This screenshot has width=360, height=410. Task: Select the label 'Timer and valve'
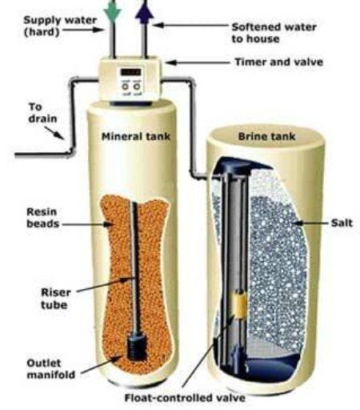pyautogui.click(x=278, y=62)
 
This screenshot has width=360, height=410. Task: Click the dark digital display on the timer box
pyautogui.click(x=130, y=72)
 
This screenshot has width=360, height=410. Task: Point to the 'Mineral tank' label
pyautogui.click(x=136, y=136)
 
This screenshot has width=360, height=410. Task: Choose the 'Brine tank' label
pyautogui.click(x=266, y=136)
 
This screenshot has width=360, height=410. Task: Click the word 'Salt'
pyautogui.click(x=342, y=223)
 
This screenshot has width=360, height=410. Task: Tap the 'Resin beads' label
pyautogui.click(x=42, y=218)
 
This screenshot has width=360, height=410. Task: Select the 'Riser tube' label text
pyautogui.click(x=56, y=299)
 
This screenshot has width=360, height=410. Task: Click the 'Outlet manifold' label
pyautogui.click(x=51, y=369)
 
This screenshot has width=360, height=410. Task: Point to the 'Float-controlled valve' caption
pyautogui.click(x=185, y=398)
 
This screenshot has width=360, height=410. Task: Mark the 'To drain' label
pyautogui.click(x=42, y=113)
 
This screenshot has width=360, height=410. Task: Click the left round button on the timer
pyautogui.click(x=125, y=86)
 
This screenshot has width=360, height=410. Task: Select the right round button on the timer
pyautogui.click(x=136, y=86)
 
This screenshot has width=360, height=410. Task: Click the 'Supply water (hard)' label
pyautogui.click(x=60, y=26)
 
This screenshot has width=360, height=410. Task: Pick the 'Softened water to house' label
pyautogui.click(x=274, y=33)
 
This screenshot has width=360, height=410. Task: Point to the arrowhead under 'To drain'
pyautogui.click(x=60, y=135)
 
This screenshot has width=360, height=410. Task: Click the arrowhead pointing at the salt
pyautogui.click(x=298, y=223)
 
